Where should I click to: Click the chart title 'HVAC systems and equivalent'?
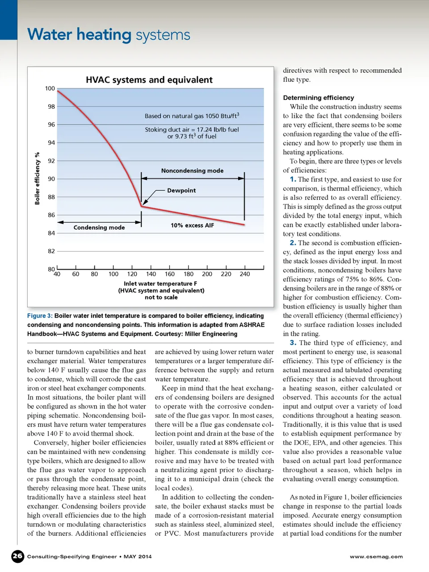(x=149, y=80)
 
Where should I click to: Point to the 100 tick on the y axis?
(x=50, y=89)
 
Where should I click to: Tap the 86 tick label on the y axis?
(x=51, y=215)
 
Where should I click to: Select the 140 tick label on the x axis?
(x=151, y=274)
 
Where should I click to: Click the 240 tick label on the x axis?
(x=245, y=274)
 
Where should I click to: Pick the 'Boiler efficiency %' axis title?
(x=38, y=178)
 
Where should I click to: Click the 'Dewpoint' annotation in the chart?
(x=181, y=191)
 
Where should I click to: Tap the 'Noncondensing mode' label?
(x=192, y=171)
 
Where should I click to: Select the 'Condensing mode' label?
(x=99, y=228)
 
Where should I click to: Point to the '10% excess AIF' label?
(x=192, y=225)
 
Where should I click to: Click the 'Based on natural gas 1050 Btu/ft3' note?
(x=192, y=116)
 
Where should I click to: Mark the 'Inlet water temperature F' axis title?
(x=160, y=284)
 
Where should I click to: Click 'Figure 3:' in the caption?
(x=40, y=316)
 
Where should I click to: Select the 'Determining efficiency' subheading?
(x=318, y=97)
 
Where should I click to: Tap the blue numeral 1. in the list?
(x=293, y=179)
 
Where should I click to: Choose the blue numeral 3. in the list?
(x=293, y=343)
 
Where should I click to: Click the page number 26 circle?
(x=17, y=556)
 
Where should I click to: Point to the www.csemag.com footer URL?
(x=376, y=557)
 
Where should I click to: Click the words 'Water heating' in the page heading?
(x=79, y=34)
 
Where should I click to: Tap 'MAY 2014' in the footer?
(x=138, y=557)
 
